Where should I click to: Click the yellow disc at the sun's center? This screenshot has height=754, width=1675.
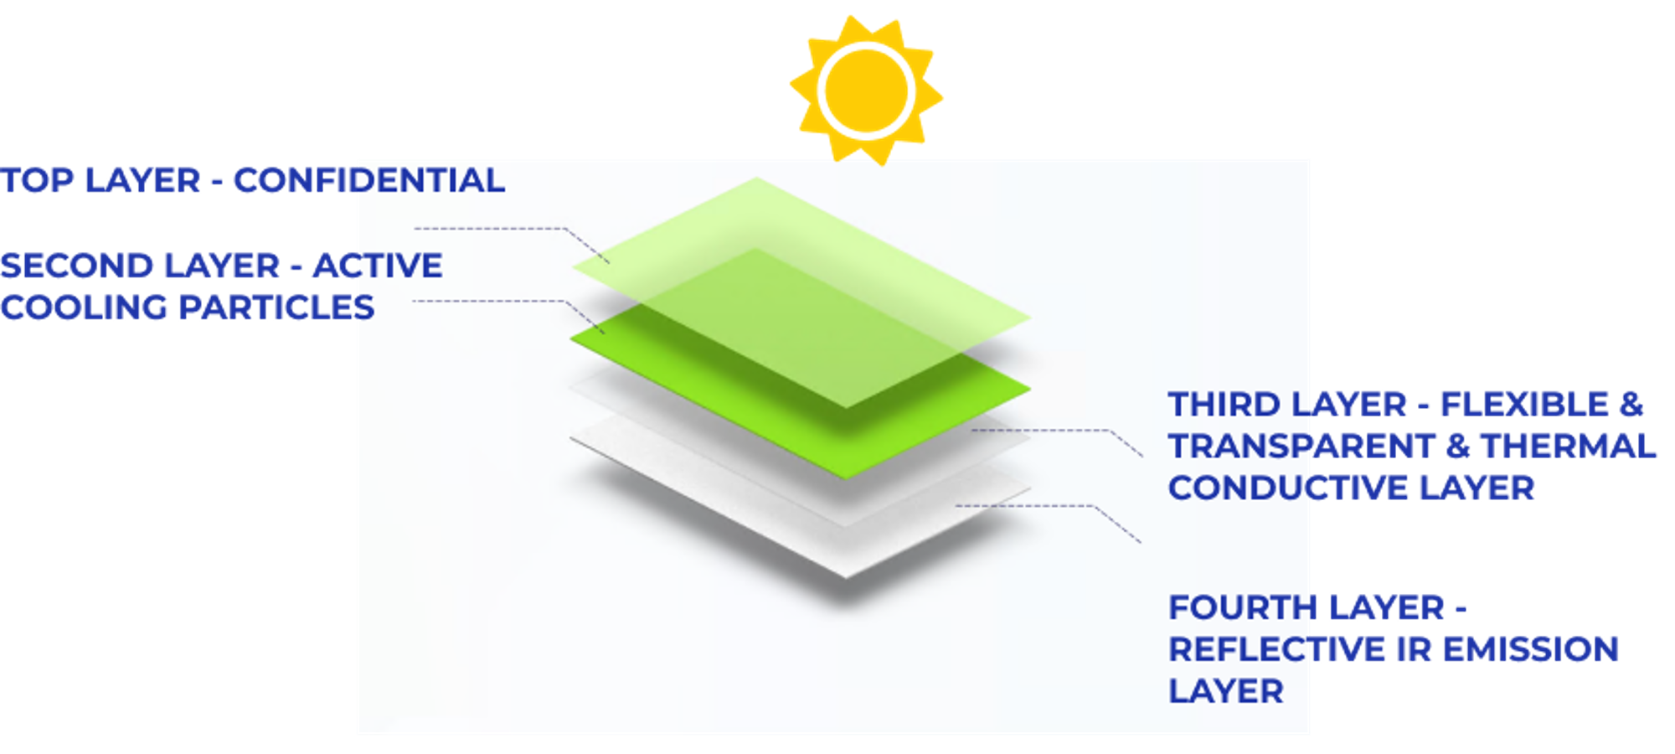(x=867, y=91)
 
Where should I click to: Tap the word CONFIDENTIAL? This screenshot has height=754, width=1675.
(x=369, y=180)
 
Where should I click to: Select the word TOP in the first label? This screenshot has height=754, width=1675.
(x=37, y=180)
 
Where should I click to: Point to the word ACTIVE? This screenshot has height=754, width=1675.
(x=378, y=266)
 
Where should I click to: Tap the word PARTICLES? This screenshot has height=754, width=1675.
(x=277, y=307)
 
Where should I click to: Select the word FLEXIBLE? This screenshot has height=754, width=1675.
(x=1524, y=405)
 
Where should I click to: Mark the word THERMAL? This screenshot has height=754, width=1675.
(x=1569, y=446)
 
